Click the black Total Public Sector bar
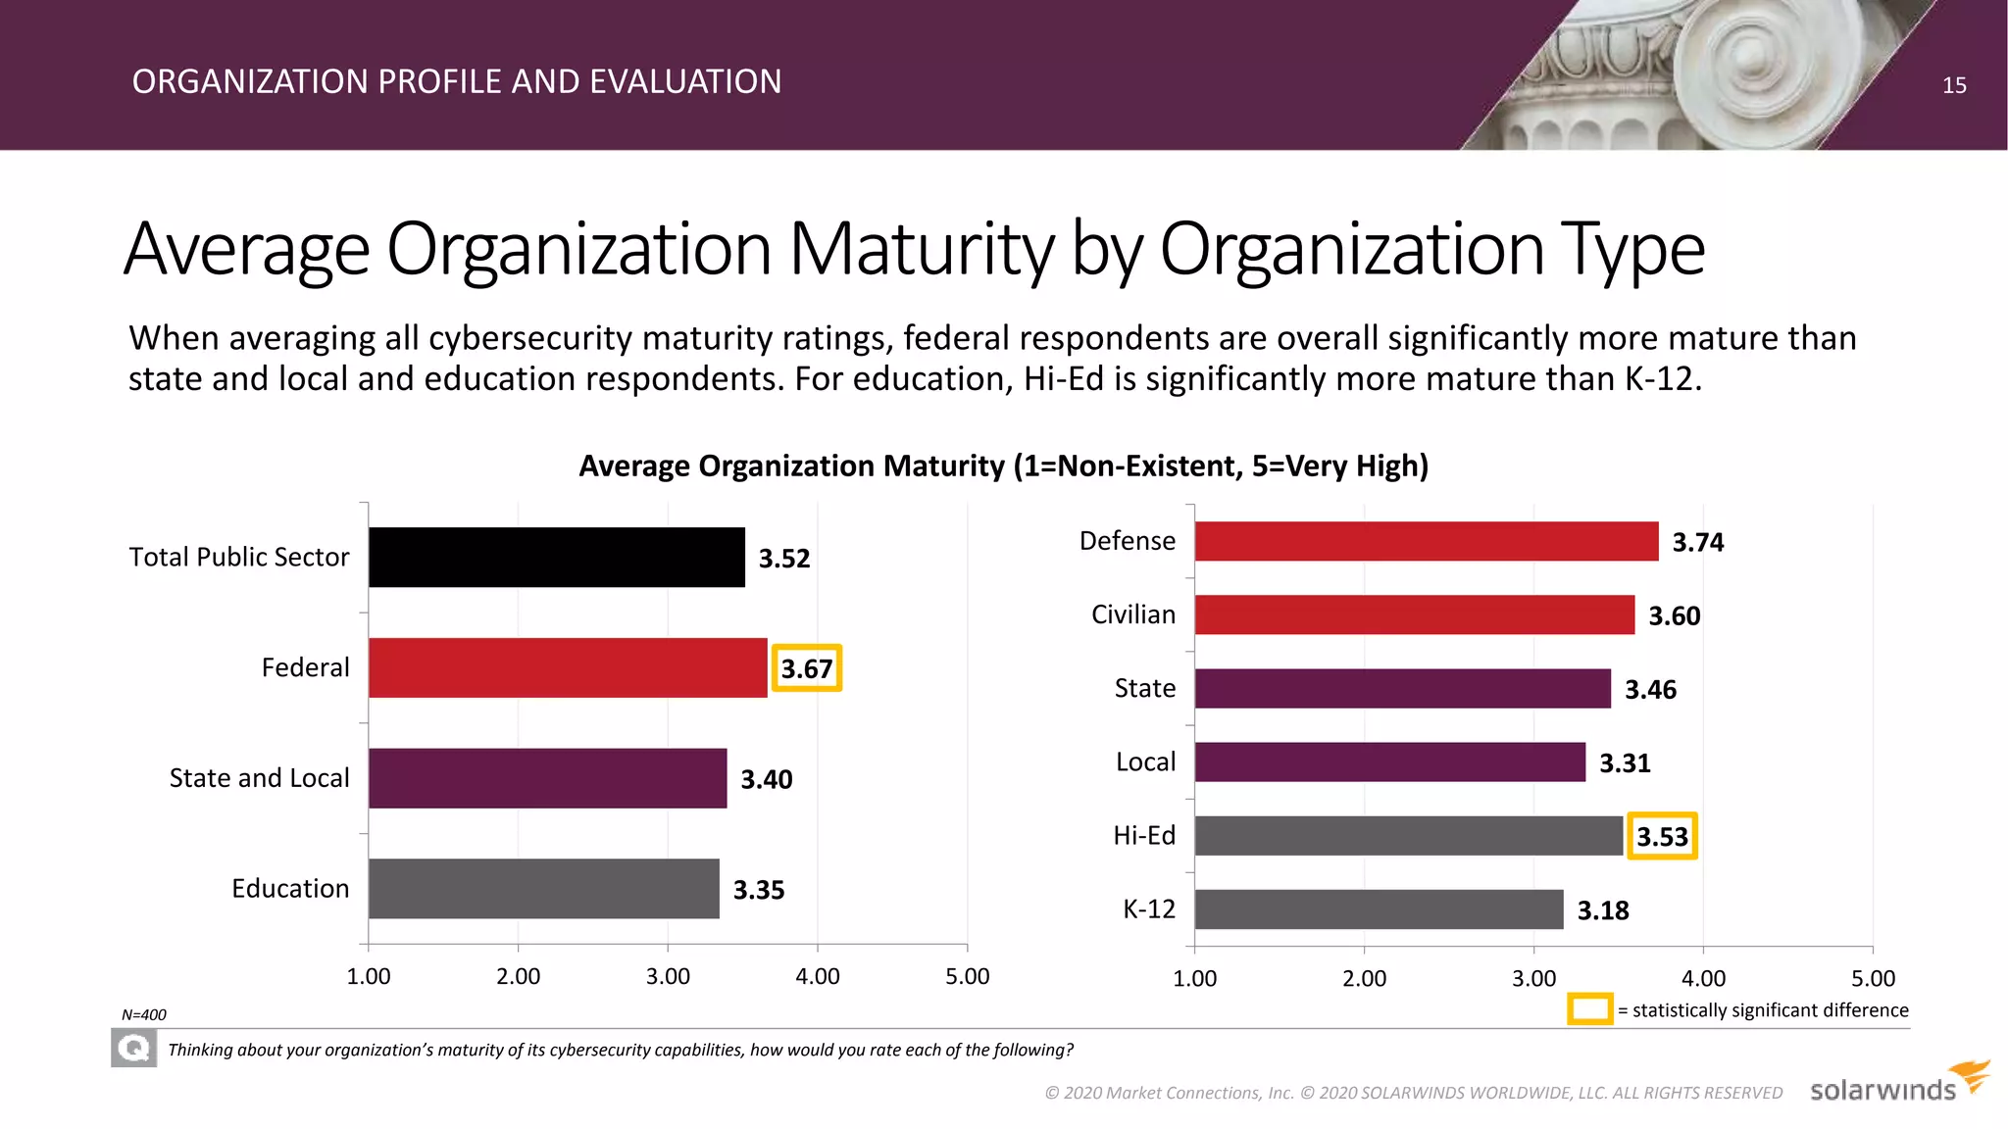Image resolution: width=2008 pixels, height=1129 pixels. pyautogui.click(x=556, y=557)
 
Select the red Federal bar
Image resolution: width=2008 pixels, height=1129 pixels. pyautogui.click(x=567, y=667)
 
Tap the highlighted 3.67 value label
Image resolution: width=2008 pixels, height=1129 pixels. pyautogui.click(x=806, y=668)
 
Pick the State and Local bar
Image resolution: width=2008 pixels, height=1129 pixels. pyautogui.click(x=547, y=778)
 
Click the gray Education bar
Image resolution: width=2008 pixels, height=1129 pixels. pyautogui.click(x=543, y=888)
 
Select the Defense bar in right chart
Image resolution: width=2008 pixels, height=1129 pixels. pyautogui.click(x=1426, y=541)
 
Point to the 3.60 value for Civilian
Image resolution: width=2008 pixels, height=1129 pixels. pyautogui.click(x=1674, y=615)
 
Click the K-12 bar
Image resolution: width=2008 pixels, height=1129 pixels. pyautogui.click(x=1379, y=909)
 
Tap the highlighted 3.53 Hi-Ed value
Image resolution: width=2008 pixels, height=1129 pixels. pyautogui.click(x=1662, y=836)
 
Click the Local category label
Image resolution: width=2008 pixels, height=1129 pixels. pyautogui.click(x=1145, y=761)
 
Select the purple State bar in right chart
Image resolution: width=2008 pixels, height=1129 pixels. pyautogui.click(x=1402, y=688)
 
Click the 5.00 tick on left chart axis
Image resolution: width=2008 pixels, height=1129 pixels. pyautogui.click(x=967, y=976)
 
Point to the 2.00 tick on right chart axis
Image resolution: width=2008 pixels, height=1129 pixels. pyautogui.click(x=1364, y=978)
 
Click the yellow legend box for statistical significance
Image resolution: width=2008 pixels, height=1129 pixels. pyautogui.click(x=1589, y=1009)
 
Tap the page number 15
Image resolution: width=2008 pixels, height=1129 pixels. pyautogui.click(x=1953, y=85)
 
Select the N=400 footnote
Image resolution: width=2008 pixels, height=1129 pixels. pyautogui.click(x=144, y=1015)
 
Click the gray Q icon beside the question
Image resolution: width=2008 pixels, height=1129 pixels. pyautogui.click(x=133, y=1050)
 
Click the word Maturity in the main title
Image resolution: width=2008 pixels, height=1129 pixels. pyautogui.click(x=921, y=250)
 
